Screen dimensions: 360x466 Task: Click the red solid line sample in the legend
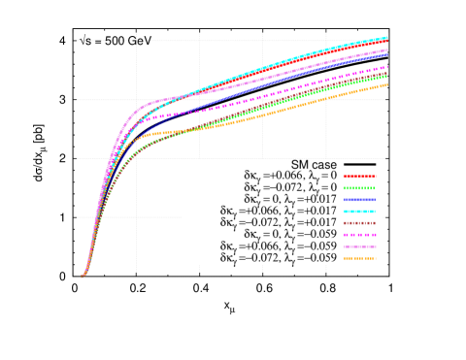tap(359, 176)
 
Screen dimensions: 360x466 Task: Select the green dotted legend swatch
tap(359, 188)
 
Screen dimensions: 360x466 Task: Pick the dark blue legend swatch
tap(359, 200)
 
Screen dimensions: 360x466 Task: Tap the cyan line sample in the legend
tap(359, 212)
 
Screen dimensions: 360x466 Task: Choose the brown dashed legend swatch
tap(359, 223)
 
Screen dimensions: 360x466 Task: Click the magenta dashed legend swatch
tap(359, 235)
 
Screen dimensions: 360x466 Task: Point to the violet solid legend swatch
tap(359, 246)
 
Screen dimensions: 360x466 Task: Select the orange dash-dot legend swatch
tap(359, 258)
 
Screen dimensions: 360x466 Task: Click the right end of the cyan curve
tap(386, 38)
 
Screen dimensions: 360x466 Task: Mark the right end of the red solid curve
tap(386, 42)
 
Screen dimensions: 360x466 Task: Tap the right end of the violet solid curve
tap(386, 49)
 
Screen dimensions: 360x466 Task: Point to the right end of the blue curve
tap(386, 54)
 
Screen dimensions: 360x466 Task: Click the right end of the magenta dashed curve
tap(386, 67)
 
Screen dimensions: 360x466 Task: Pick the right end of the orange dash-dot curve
tap(386, 85)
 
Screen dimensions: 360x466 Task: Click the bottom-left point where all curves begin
tap(82, 277)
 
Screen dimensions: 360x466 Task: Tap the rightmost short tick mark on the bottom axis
tap(325, 269)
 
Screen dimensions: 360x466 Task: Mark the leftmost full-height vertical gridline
tap(136, 155)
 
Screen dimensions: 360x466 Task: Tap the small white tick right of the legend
tap(383, 217)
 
